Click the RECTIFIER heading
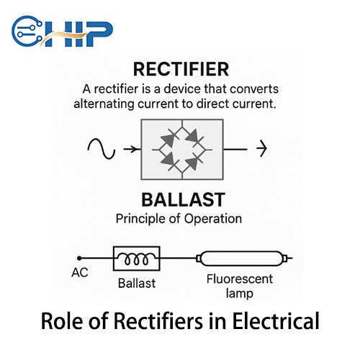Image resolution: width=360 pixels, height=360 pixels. coord(180,69)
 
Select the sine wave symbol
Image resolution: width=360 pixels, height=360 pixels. coord(101,149)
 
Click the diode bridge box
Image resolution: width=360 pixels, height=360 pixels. coord(181,150)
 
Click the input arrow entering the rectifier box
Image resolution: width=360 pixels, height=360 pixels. coord(131,149)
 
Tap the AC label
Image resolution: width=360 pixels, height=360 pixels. coord(80,274)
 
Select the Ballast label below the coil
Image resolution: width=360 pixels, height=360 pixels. coord(136,283)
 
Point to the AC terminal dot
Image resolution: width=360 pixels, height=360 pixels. coord(79,258)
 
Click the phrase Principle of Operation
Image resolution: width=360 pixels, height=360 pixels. coord(179,218)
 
